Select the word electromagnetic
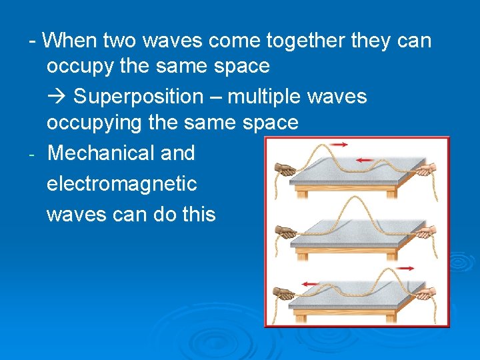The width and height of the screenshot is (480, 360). (x=121, y=183)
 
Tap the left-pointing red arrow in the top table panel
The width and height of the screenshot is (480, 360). (x=366, y=160)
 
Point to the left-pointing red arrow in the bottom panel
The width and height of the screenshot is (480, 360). (x=309, y=284)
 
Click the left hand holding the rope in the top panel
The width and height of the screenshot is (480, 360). (x=287, y=169)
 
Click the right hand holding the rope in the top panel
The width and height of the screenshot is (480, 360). (x=425, y=169)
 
